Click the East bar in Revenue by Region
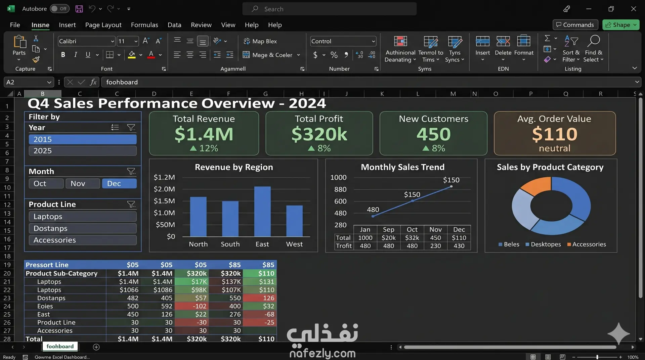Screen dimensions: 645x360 pos(262,211)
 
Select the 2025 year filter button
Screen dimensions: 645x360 pos(83,151)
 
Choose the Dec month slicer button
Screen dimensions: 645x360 pos(119,183)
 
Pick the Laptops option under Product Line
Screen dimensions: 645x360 pos(83,217)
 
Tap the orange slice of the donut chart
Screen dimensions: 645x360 pos(537,186)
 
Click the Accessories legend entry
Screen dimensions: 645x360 pos(587,244)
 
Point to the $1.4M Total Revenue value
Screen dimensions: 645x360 pos(204,134)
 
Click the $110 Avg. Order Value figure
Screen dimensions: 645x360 pos(555,134)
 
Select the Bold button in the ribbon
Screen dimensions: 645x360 pos(63,55)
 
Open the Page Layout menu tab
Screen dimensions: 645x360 pos(103,25)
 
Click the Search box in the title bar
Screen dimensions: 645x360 pos(329,9)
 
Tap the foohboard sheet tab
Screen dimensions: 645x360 pos(60,347)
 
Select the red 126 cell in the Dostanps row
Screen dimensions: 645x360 pos(260,298)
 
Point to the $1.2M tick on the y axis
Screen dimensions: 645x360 pos(164,177)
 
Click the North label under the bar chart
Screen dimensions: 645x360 pos(198,244)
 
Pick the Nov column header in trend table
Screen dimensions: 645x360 pos(436,229)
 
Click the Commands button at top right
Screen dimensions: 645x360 pos(575,25)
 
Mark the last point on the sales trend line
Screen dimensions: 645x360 pos(451,186)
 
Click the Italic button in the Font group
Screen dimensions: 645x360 pos(76,55)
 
